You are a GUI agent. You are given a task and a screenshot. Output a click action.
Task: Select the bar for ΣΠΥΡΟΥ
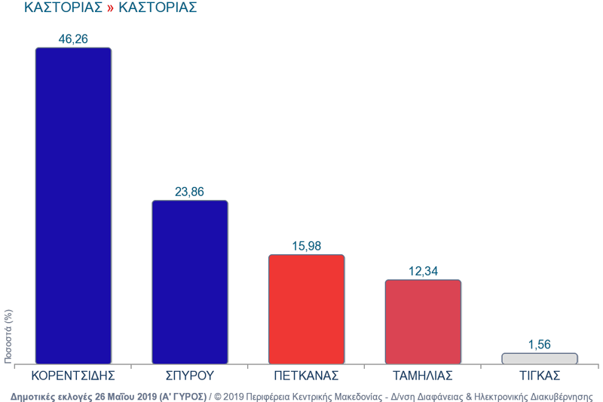(189, 282)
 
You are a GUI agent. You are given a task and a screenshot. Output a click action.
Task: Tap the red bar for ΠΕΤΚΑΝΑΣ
(306, 309)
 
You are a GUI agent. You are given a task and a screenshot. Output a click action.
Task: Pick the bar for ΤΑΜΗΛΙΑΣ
(423, 322)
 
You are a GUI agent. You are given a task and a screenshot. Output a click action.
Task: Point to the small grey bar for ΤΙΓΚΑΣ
(539, 358)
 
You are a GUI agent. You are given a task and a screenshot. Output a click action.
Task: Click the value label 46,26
(73, 38)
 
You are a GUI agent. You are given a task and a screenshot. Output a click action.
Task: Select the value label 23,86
(189, 192)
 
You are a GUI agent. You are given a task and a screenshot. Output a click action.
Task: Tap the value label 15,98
(306, 246)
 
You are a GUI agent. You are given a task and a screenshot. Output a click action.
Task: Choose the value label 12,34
(423, 271)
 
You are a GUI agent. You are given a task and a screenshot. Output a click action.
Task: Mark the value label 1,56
(539, 344)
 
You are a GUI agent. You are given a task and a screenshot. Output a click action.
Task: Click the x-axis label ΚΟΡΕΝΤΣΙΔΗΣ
(73, 375)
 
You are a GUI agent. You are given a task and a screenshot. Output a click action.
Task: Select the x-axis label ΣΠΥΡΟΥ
(189, 375)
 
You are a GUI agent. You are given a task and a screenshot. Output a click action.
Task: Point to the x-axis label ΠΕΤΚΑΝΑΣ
(306, 375)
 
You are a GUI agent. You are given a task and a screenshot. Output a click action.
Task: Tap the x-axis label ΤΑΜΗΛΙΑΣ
(423, 375)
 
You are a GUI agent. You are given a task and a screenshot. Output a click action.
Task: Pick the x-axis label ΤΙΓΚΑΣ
(539, 375)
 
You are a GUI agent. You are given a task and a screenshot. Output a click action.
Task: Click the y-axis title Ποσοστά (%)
(8, 336)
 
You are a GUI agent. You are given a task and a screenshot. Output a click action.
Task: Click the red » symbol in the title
(110, 8)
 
